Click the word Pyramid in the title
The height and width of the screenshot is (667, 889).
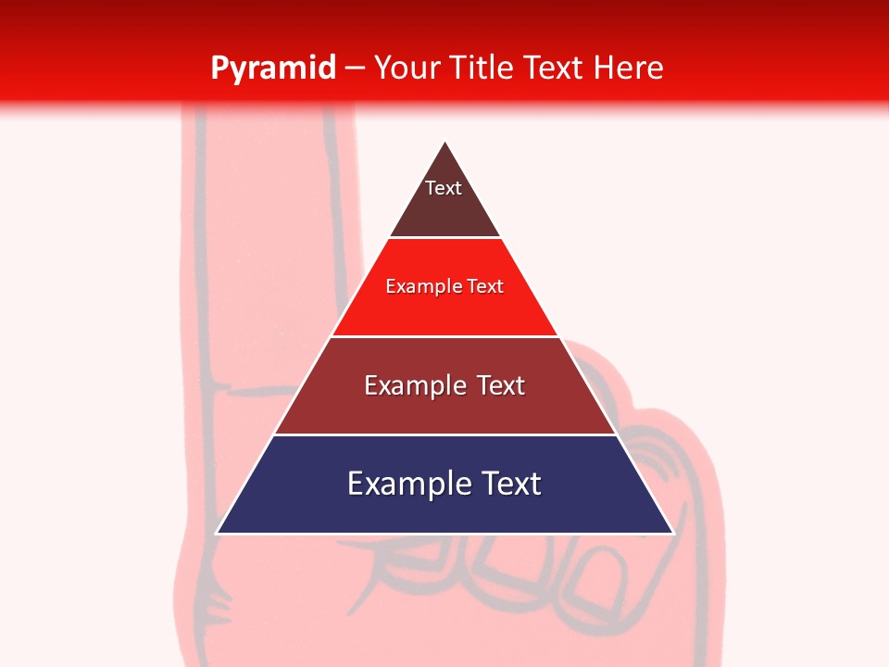[x=273, y=69]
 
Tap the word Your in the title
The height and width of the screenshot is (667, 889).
[x=408, y=68]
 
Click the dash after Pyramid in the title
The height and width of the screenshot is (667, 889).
[x=354, y=69]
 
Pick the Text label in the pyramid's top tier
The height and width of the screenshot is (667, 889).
[x=444, y=188]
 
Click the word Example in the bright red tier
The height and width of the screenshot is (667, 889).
[x=421, y=286]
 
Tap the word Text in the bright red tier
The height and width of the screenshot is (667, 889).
[x=485, y=286]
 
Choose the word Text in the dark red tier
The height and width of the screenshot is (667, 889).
[x=500, y=385]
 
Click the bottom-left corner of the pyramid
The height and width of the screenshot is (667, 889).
[x=218, y=533]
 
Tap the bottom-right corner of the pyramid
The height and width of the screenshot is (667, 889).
[x=672, y=533]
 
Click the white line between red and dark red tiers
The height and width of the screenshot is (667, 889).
[x=444, y=336]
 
